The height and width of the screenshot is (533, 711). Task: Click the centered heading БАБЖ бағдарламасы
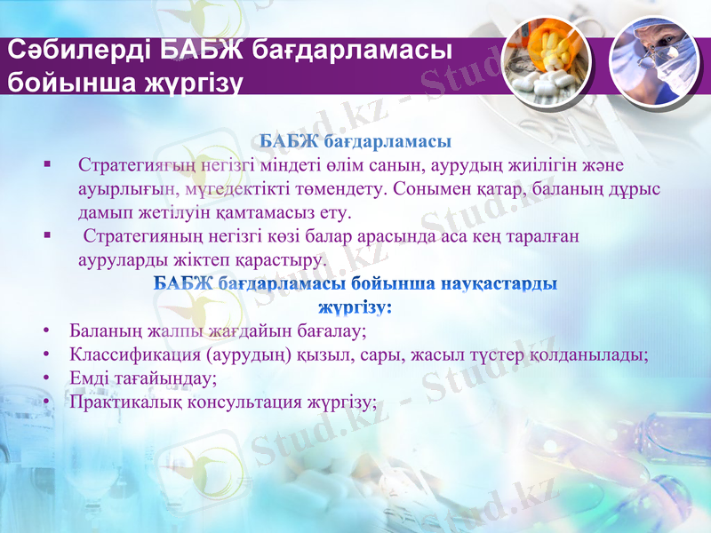[x=355, y=141]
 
